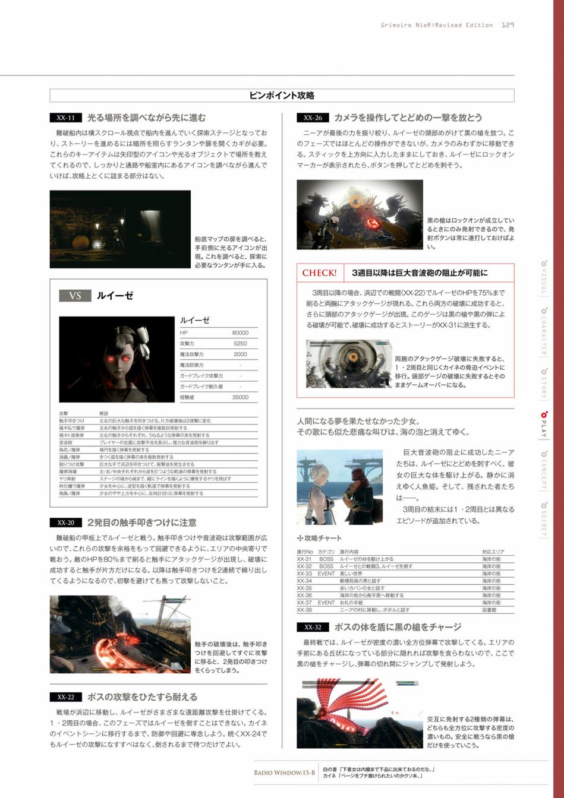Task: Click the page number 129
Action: pyautogui.click(x=508, y=25)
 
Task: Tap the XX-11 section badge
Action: pyautogui.click(x=65, y=118)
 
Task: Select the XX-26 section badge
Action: pyautogui.click(x=313, y=118)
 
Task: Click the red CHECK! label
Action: pyautogui.click(x=319, y=273)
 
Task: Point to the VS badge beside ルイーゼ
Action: pyautogui.click(x=75, y=296)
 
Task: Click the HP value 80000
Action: pyautogui.click(x=240, y=333)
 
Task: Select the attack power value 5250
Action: pyautogui.click(x=240, y=344)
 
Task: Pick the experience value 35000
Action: pyautogui.click(x=240, y=397)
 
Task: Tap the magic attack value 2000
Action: pyautogui.click(x=240, y=354)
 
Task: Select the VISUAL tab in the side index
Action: pyautogui.click(x=542, y=278)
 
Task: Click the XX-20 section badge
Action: pyautogui.click(x=65, y=523)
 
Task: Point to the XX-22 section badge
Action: pyautogui.click(x=65, y=697)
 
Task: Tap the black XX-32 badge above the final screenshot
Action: pyautogui.click(x=313, y=627)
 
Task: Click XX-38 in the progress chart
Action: pyautogui.click(x=304, y=610)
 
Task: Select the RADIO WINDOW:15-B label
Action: pyautogui.click(x=284, y=772)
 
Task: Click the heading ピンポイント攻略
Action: pyautogui.click(x=282, y=96)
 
